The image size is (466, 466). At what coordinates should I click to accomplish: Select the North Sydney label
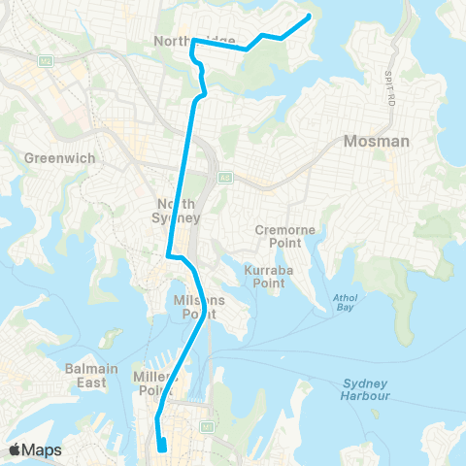click(177, 210)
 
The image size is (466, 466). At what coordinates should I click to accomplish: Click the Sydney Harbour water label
click(365, 389)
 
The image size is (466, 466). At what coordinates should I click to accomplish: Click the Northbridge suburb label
click(194, 40)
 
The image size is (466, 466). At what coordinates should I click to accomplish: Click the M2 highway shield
click(45, 61)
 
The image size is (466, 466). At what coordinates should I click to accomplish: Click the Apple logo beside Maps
click(15, 449)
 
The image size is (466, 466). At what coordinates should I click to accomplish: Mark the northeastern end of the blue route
click(309, 16)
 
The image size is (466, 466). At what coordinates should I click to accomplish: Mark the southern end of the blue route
click(163, 449)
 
